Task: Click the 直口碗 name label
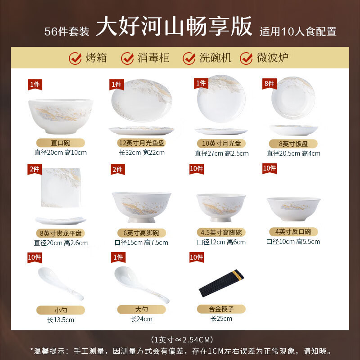click(60, 143)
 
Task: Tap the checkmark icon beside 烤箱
click(75, 58)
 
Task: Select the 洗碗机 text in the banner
click(215, 58)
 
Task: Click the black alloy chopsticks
click(221, 283)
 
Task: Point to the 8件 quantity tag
click(269, 83)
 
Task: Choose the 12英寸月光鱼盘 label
click(141, 143)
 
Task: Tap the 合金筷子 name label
click(221, 309)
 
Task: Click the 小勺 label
click(60, 310)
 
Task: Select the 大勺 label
click(141, 310)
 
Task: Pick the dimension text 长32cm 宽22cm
click(141, 153)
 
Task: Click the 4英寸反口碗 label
click(293, 232)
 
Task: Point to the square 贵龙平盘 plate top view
click(60, 188)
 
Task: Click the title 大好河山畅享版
click(174, 27)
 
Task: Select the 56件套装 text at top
click(67, 31)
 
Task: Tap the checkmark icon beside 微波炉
click(246, 58)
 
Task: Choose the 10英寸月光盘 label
click(221, 143)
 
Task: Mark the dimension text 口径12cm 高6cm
click(221, 242)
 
